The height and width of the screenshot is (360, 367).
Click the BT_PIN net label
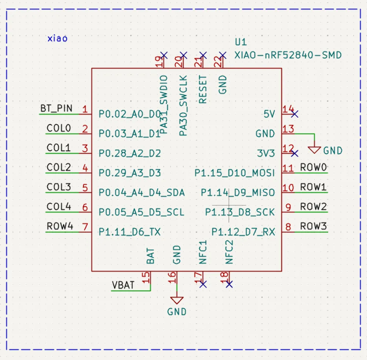[x=56, y=108]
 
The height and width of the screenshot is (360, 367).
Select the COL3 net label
[x=59, y=187]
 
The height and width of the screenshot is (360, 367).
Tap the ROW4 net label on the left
[x=60, y=226]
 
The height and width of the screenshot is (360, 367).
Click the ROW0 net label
[x=313, y=167]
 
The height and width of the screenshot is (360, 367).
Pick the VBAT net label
[x=123, y=285]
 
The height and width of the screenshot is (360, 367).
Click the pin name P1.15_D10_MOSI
[x=235, y=173]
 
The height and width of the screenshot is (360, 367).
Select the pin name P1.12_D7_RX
[x=243, y=232]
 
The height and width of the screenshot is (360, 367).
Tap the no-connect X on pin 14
[x=294, y=114]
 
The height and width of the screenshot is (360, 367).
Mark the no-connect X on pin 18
[x=229, y=284]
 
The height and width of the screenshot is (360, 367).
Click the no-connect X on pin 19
[x=164, y=55]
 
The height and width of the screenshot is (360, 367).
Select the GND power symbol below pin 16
[x=177, y=301]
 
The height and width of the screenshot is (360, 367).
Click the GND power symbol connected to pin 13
[x=315, y=150]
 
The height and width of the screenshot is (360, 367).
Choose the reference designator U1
[x=241, y=42]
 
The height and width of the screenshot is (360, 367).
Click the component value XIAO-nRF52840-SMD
[x=288, y=55]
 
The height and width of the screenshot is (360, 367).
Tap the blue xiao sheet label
[x=58, y=38]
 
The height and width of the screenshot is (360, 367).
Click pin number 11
[x=288, y=168]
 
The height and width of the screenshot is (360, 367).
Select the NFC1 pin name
[x=203, y=253]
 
